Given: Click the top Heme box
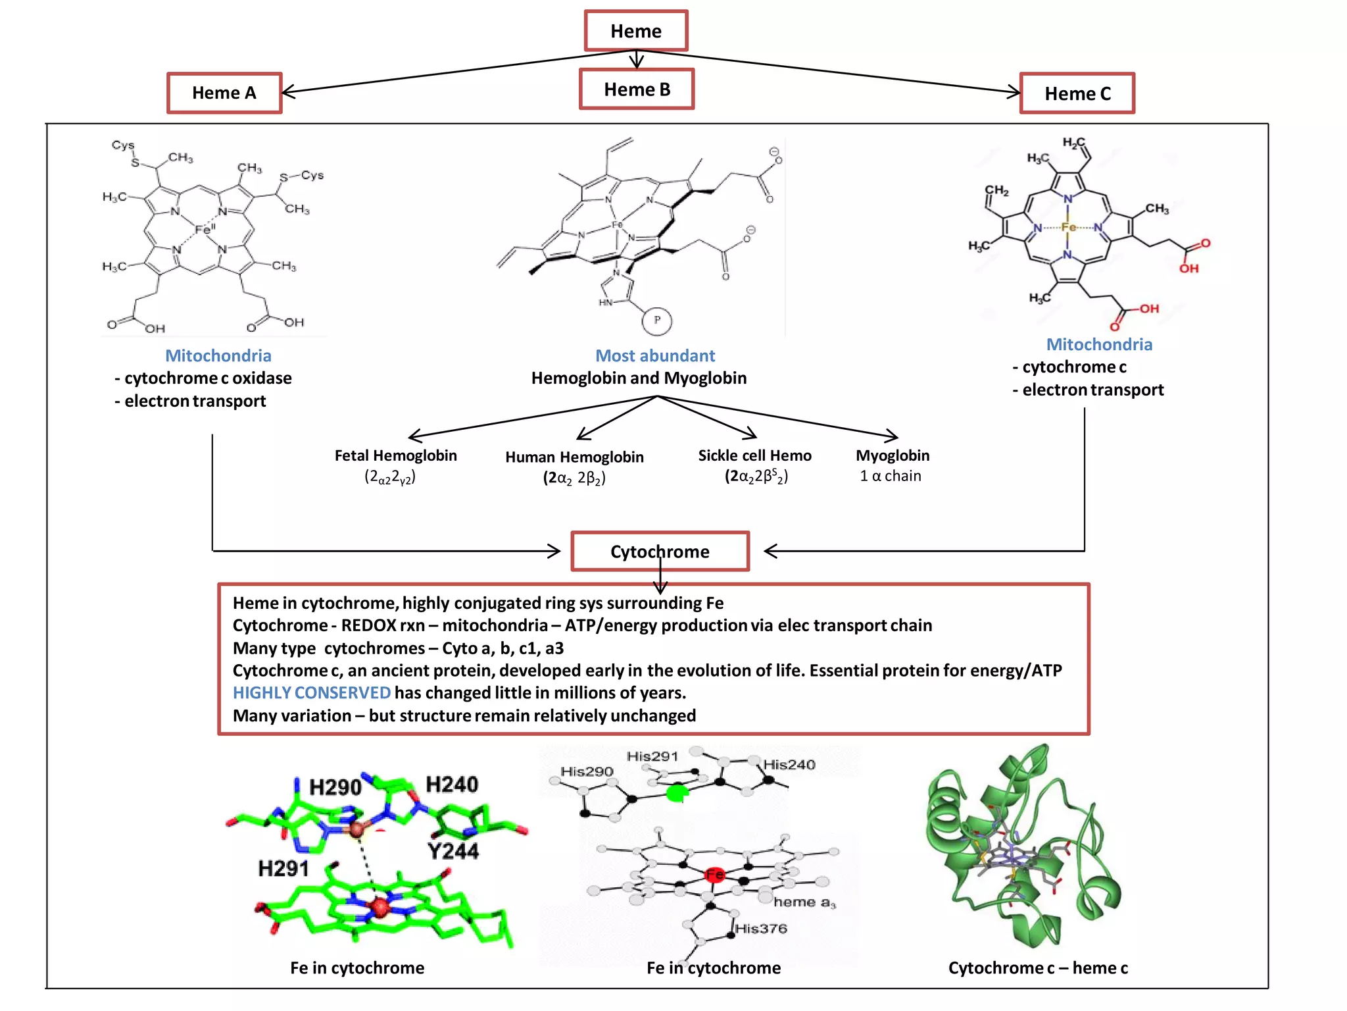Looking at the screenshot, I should [636, 31].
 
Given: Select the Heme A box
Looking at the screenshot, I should [224, 93].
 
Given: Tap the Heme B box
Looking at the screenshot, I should [637, 90].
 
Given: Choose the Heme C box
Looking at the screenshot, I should [1077, 93].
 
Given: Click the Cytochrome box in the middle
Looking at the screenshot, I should [660, 552].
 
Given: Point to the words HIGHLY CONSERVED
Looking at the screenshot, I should [312, 693].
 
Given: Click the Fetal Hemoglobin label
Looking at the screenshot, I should [395, 455].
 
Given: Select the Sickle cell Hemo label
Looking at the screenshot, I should [754, 455].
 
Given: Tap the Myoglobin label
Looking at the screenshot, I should [893, 455].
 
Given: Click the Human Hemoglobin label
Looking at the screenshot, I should [574, 457].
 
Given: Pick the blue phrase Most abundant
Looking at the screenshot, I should [655, 355].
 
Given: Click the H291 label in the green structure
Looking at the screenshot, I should [283, 869].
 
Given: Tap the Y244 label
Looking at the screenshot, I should [453, 851].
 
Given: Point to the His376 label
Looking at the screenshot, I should [761, 929].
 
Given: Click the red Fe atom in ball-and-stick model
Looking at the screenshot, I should [714, 875].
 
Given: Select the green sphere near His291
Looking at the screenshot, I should [675, 793].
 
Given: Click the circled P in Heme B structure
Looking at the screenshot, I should [656, 321].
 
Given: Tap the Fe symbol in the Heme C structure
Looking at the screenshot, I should [1068, 227].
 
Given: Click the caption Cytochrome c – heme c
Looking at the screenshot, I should [1038, 968].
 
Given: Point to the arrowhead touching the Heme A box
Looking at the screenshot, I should [287, 92].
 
